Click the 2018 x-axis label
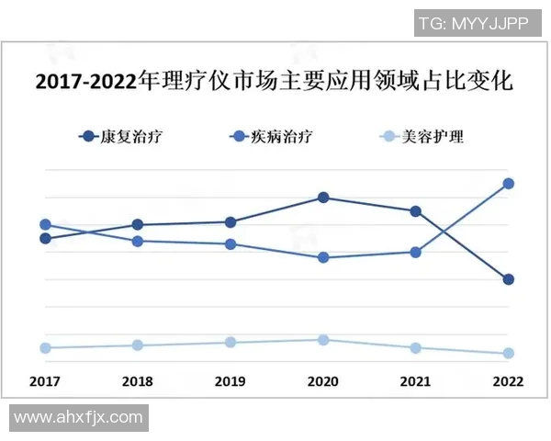pos(137,380)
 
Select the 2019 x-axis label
pos(230,380)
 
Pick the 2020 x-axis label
pos(323,380)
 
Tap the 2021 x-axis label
pos(416,380)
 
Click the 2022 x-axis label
pos(509,380)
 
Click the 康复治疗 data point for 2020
pos(323,198)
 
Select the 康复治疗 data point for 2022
pos(509,279)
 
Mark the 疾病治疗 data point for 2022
pos(509,184)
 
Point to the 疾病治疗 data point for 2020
pos(323,257)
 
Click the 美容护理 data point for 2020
pos(323,340)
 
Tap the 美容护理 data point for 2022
pos(509,354)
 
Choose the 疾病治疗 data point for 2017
pos(45,224)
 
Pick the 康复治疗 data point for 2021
pos(416,211)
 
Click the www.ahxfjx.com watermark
pos(79,417)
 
